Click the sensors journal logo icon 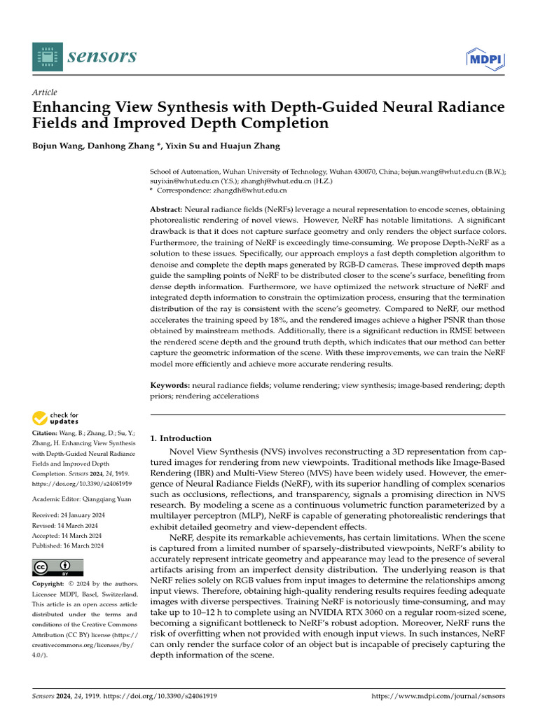47,56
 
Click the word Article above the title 45,92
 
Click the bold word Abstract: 167,210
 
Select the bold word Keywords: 170,386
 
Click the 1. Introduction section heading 181,438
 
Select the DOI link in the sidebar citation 73,483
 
